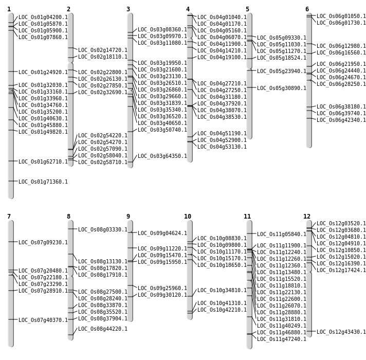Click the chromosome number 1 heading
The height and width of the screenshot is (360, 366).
[9, 9]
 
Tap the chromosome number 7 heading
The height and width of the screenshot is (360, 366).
[9, 217]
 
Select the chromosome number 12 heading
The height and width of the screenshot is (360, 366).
[307, 217]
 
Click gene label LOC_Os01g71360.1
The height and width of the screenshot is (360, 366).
[43, 182]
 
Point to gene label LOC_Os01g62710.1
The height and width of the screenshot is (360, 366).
[43, 161]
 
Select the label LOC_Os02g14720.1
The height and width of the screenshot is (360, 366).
[103, 50]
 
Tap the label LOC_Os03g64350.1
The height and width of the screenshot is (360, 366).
[162, 156]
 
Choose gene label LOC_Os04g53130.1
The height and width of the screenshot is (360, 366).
[222, 147]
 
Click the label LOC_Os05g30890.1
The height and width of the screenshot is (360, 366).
[282, 88]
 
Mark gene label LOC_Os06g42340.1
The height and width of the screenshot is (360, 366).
[341, 120]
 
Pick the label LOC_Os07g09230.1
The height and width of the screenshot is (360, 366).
[43, 242]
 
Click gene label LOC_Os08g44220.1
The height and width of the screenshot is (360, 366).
[103, 329]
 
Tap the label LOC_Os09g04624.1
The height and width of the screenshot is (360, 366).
[162, 233]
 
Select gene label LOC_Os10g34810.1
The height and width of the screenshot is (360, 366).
[222, 290]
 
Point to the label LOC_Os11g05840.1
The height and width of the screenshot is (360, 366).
[282, 234]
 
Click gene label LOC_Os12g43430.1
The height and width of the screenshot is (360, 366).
[341, 332]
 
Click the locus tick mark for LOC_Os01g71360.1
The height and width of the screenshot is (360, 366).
[11, 181]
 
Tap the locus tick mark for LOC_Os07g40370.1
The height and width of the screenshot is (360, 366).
[11, 319]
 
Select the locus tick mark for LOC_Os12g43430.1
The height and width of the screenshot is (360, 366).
[309, 331]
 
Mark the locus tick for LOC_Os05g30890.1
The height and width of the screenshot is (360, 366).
[249, 87]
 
